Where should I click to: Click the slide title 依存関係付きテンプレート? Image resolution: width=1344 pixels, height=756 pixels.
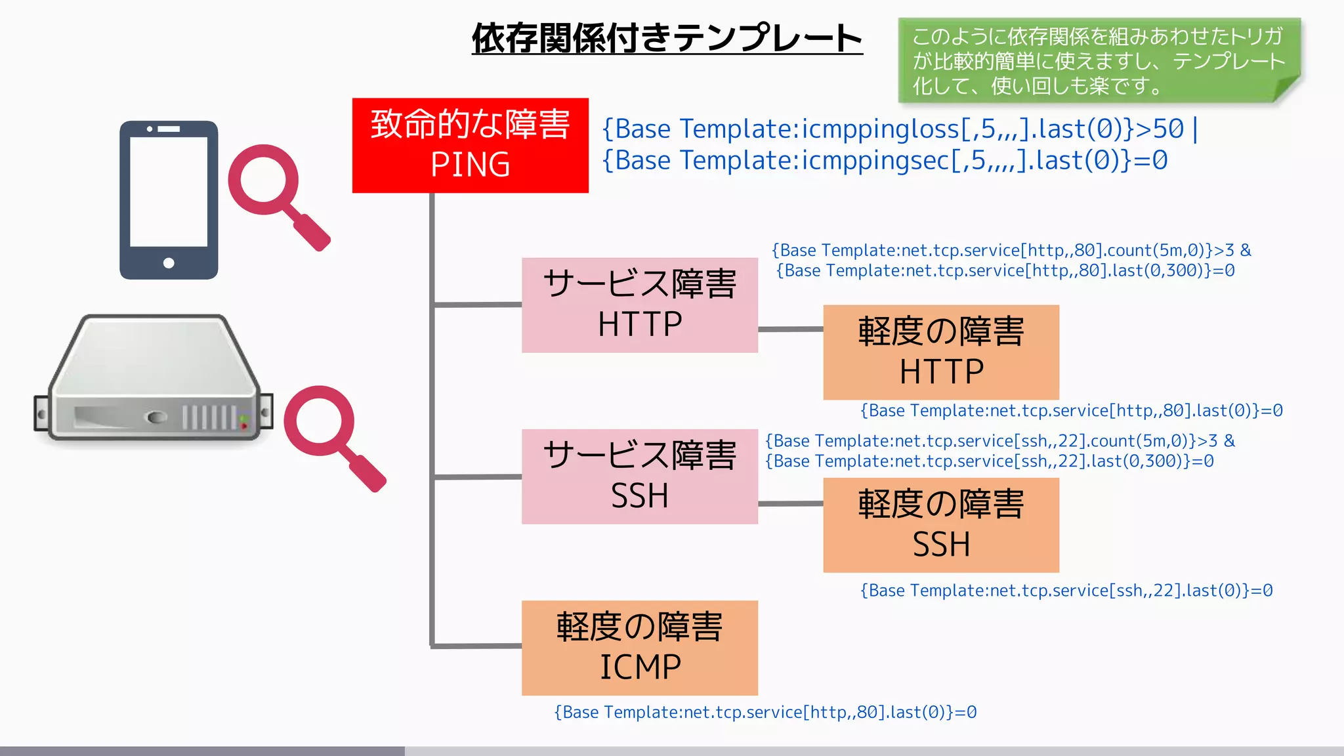point(667,38)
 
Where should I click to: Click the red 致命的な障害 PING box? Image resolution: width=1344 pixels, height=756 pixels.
point(470,145)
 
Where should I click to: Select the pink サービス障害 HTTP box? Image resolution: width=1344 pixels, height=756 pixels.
point(639,304)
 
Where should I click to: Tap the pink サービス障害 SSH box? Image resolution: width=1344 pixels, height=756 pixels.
point(639,476)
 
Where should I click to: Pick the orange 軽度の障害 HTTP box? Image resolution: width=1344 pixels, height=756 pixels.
point(940,352)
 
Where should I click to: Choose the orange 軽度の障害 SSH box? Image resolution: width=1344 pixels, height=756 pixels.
point(940,524)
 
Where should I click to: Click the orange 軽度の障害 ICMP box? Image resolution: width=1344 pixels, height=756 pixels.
point(639,647)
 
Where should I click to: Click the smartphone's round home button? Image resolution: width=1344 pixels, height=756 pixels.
point(169,263)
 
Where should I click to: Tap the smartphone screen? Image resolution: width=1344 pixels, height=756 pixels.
point(169,192)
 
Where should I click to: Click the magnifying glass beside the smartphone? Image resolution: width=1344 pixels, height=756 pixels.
point(276,194)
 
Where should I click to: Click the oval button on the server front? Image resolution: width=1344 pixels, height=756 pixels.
point(156,417)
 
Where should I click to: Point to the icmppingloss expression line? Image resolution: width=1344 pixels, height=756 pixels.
point(899,129)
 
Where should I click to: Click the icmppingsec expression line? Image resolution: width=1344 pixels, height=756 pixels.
point(885,161)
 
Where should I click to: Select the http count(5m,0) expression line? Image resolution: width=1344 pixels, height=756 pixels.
point(1011,251)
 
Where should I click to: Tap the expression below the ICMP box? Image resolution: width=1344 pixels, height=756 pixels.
point(765,713)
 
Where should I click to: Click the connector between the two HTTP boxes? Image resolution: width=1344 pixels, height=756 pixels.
point(790,329)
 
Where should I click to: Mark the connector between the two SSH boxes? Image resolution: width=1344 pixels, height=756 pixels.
point(790,503)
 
